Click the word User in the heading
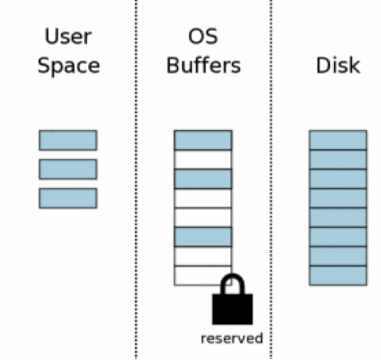coord(68,36)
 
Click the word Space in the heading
coord(68,66)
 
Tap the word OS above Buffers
coord(203,36)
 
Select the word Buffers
coord(203,65)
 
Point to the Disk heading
coord(338,65)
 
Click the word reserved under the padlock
coord(232,339)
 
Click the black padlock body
coord(232,309)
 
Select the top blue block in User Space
coord(67,140)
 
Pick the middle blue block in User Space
coord(67,169)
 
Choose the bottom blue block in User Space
coord(67,198)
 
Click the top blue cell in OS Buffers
coord(203,140)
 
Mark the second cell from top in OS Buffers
coord(203,160)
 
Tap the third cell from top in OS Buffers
coord(203,179)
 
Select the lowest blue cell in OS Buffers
coord(203,236)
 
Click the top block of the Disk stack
coord(338,140)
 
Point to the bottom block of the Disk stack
coord(338,276)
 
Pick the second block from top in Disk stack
coord(338,160)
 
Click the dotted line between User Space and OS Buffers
coord(136,180)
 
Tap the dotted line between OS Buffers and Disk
coord(271,180)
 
